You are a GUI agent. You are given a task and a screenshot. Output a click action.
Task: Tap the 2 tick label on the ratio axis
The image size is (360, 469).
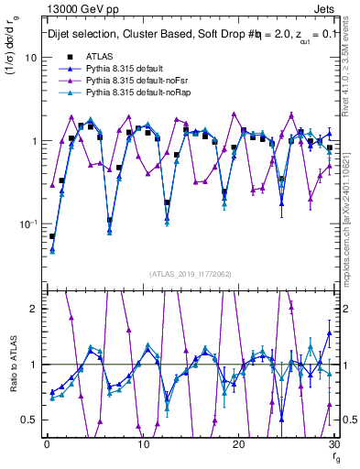click(x=32, y=309)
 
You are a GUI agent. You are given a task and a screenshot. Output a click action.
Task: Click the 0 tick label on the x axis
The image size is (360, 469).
click(x=46, y=444)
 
